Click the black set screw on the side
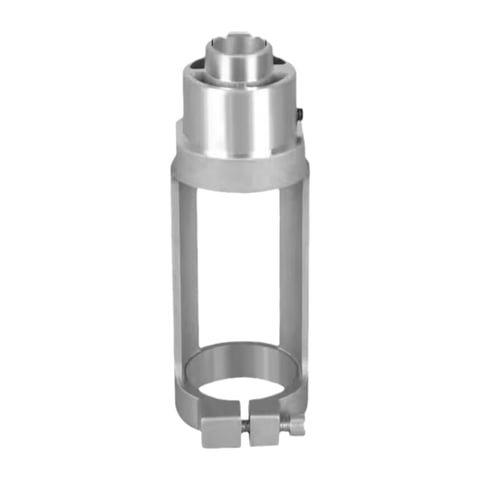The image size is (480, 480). pos(301,117)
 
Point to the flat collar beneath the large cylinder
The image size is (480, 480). pos(240,172)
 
